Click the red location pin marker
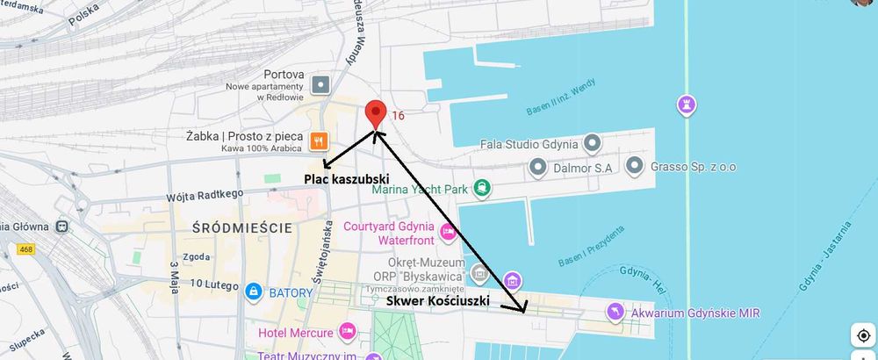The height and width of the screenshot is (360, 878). (x=376, y=113)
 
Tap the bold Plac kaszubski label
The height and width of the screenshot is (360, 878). (x=346, y=179)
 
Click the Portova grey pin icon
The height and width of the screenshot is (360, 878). (x=321, y=84)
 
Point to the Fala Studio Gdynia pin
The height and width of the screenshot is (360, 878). (x=593, y=142)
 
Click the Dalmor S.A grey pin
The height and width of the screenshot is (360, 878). (x=536, y=166)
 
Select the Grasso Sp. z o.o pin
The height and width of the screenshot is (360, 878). (x=635, y=165)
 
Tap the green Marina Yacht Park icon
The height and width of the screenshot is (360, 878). (x=482, y=187)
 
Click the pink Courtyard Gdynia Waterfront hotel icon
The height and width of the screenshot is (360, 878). (x=448, y=232)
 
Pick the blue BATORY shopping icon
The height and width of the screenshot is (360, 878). (x=253, y=290)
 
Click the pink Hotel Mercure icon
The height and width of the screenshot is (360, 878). (x=348, y=332)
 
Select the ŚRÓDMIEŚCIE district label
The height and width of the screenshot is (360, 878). (x=241, y=228)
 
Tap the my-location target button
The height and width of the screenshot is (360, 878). (x=863, y=336)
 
